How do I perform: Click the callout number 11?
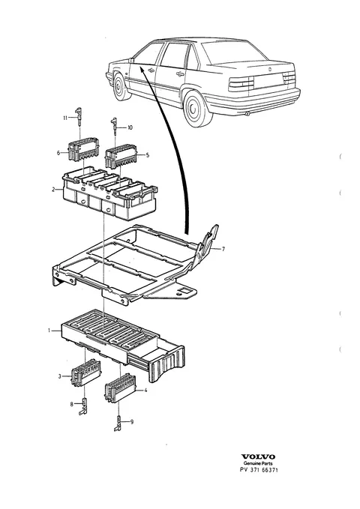[65, 118]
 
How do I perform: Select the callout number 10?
[130, 128]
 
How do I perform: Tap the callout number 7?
[223, 250]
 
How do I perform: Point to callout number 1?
[49, 331]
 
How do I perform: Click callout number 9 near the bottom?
[132, 422]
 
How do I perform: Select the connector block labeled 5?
[121, 157]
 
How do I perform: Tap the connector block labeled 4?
[120, 388]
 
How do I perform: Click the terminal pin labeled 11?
[79, 117]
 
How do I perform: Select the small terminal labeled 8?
[84, 406]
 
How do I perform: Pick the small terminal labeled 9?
[118, 423]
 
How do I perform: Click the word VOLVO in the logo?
[258, 457]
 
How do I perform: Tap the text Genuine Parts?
[258, 463]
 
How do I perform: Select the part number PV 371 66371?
[258, 470]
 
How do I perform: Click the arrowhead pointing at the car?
[142, 69]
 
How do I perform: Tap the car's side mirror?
[131, 60]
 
